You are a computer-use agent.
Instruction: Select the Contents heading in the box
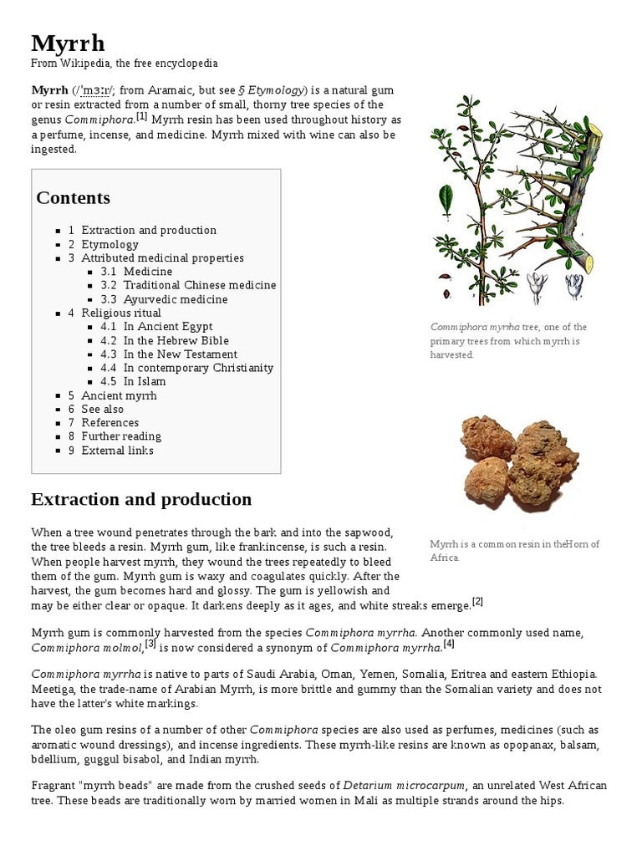(x=73, y=198)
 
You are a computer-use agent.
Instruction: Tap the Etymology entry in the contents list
(x=110, y=244)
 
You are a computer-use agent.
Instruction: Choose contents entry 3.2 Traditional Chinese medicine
(x=199, y=285)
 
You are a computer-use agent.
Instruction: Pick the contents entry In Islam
(x=145, y=381)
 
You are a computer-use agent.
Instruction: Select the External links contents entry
(x=117, y=450)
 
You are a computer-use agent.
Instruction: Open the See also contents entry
(x=102, y=409)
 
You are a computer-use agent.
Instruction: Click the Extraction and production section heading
(x=141, y=500)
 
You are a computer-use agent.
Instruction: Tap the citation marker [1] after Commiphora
(x=141, y=116)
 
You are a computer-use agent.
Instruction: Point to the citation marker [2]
(x=477, y=600)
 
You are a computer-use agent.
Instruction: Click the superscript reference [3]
(x=150, y=644)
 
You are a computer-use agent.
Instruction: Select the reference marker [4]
(x=449, y=644)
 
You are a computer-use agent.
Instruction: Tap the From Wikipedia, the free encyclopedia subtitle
(x=125, y=64)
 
